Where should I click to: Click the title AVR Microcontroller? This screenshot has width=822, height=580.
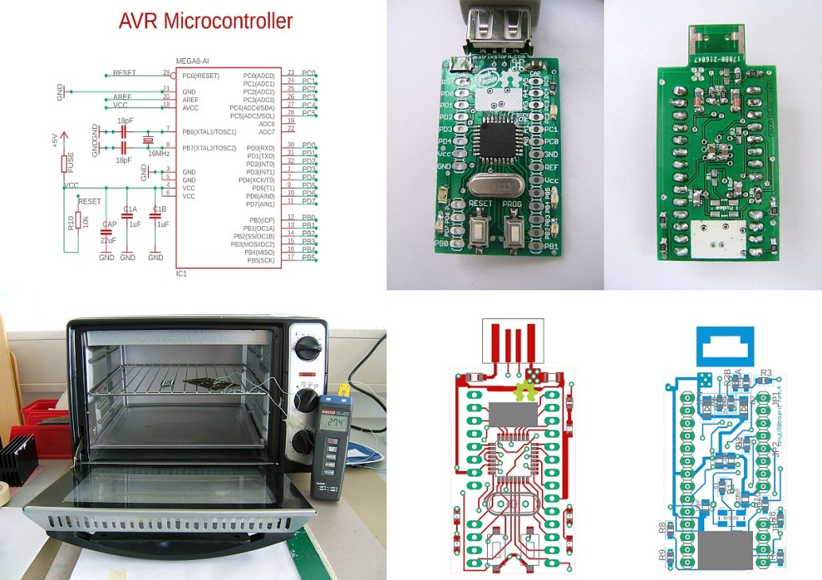[205, 21]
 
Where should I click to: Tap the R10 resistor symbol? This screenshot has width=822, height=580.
[77, 225]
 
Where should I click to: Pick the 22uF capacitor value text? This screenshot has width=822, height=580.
[108, 239]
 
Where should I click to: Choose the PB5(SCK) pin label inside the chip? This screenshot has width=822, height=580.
[261, 260]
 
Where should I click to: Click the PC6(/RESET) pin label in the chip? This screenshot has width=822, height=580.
[201, 76]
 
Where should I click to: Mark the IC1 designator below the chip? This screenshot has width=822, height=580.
[181, 274]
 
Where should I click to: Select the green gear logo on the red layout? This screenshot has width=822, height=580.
[524, 391]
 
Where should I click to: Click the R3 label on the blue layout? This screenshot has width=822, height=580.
[766, 372]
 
